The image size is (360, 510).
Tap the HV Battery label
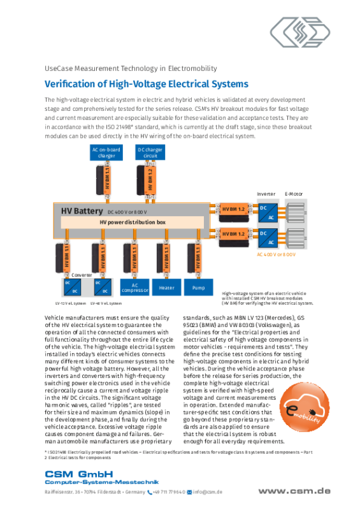click(x=82, y=210)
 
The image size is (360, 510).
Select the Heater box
click(x=166, y=288)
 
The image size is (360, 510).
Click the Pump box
click(x=198, y=288)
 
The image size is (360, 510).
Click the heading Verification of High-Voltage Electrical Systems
click(x=147, y=84)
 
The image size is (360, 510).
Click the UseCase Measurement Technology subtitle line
click(x=131, y=68)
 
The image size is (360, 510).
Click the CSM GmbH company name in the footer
click(x=78, y=473)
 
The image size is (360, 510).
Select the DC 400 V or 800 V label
click(x=127, y=211)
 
